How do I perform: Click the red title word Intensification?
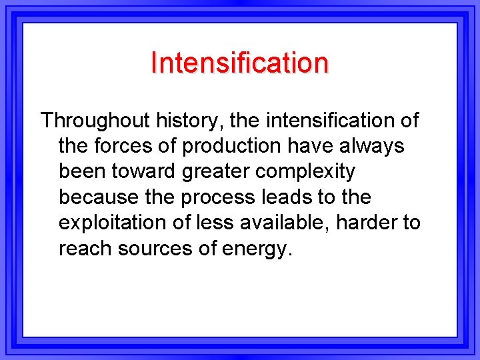point(239,63)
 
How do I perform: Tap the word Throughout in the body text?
point(95,121)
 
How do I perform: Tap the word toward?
point(151,171)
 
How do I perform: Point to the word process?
point(225,197)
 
